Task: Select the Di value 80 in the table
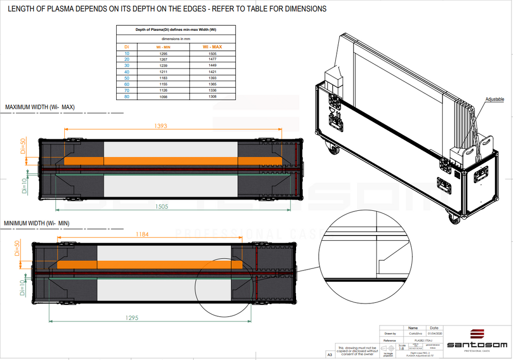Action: pyautogui.click(x=127, y=96)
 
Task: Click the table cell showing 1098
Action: pyautogui.click(x=163, y=96)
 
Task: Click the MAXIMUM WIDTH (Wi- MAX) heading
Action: pyautogui.click(x=40, y=107)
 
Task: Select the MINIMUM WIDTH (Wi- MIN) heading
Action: pyautogui.click(x=36, y=223)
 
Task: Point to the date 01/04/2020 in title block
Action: pyautogui.click(x=434, y=333)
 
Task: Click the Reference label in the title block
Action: pyautogui.click(x=390, y=340)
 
